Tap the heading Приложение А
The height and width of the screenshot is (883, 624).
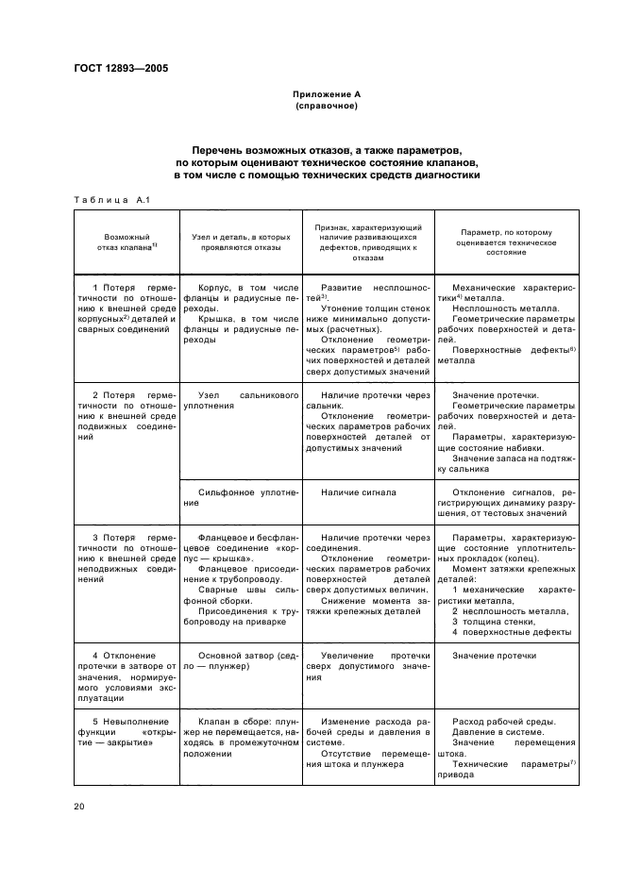pyautogui.click(x=326, y=94)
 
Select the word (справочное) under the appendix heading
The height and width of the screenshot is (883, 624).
pyautogui.click(x=326, y=106)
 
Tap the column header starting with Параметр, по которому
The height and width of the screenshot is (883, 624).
pyautogui.click(x=507, y=242)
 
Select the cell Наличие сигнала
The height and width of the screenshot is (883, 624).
pyautogui.click(x=359, y=492)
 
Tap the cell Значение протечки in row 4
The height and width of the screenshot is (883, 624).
pyautogui.click(x=496, y=655)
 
